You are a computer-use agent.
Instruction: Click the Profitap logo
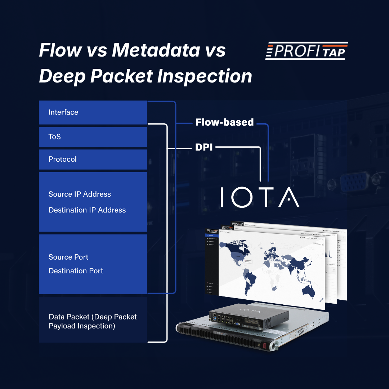pos(307,51)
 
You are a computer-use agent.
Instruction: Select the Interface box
pos(93,112)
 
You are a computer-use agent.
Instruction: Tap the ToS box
pos(93,137)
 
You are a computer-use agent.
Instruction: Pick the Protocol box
pos(93,159)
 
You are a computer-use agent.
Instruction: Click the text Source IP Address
pos(80,194)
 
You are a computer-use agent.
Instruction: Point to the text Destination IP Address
pos(87,210)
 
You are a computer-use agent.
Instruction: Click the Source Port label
pos(68,257)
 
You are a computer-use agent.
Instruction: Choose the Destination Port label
pos(76,271)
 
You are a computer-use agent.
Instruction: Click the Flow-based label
pos(224,122)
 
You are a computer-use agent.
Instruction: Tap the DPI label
pos(204,147)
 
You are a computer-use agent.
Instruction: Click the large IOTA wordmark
pos(260,197)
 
